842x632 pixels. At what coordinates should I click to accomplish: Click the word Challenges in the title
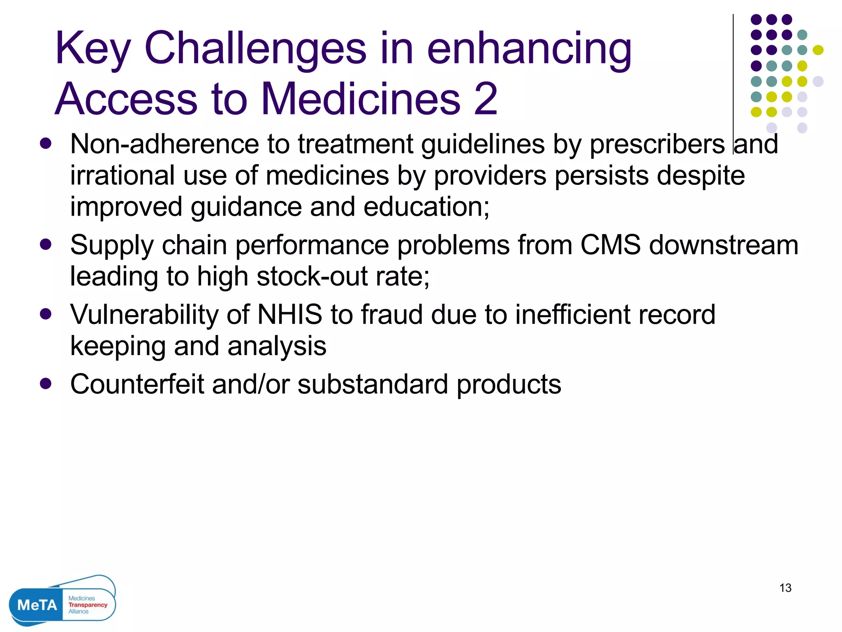click(x=255, y=49)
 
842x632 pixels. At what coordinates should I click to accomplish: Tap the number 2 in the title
click(x=486, y=99)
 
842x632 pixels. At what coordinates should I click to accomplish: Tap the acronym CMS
click(x=610, y=245)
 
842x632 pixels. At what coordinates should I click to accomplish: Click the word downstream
click(x=724, y=245)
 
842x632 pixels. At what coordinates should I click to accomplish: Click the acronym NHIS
click(x=290, y=315)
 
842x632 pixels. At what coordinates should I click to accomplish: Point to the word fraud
click(x=392, y=315)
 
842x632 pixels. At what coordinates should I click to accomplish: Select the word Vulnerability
click(x=144, y=316)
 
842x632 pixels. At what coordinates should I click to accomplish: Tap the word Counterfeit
click(x=137, y=384)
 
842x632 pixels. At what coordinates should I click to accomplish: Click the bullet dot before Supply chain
click(x=46, y=244)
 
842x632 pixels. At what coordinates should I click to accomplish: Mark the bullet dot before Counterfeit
click(x=46, y=383)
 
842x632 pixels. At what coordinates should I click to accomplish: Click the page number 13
click(x=785, y=588)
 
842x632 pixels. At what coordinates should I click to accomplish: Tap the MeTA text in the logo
click(x=37, y=605)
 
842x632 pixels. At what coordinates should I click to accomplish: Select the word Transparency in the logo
click(x=88, y=605)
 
